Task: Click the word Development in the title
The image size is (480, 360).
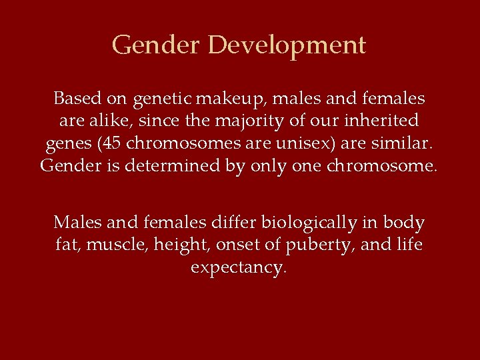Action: [x=287, y=45]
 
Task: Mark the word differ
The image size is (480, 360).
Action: [x=231, y=222]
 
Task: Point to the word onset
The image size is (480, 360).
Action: [x=240, y=245]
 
